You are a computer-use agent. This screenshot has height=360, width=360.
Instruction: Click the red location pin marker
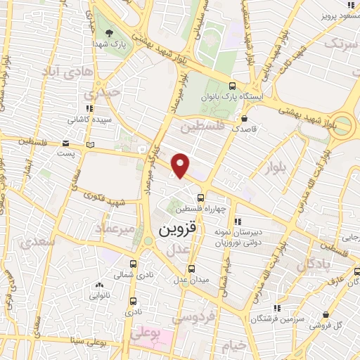click(x=181, y=165)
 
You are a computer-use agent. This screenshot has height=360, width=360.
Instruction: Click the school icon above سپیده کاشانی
click(x=89, y=108)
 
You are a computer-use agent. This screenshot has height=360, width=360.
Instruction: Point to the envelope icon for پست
click(x=89, y=145)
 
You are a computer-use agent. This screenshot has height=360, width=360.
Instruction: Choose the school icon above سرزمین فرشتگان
click(x=278, y=307)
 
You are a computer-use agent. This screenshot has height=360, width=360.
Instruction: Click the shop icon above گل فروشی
click(x=326, y=315)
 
